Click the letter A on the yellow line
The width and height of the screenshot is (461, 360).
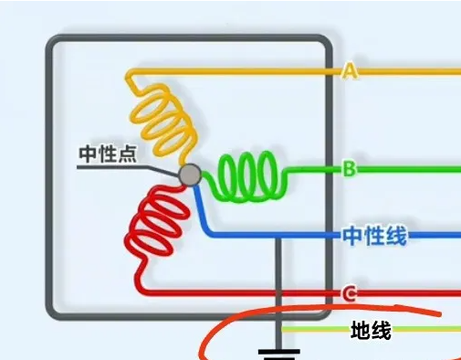(x=349, y=70)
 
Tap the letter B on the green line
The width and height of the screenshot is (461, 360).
(x=349, y=168)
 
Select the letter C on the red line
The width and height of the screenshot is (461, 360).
(x=349, y=293)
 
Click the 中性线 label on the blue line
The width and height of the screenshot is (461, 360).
(x=374, y=236)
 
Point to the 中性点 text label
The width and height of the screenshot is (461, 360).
(x=107, y=154)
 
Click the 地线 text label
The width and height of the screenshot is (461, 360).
(x=371, y=331)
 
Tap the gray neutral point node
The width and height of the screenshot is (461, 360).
(x=189, y=175)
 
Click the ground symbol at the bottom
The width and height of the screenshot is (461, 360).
(x=278, y=352)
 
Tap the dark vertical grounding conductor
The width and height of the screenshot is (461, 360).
(x=278, y=283)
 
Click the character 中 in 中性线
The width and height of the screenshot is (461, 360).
(x=353, y=236)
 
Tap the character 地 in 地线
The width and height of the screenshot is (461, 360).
(x=361, y=331)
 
